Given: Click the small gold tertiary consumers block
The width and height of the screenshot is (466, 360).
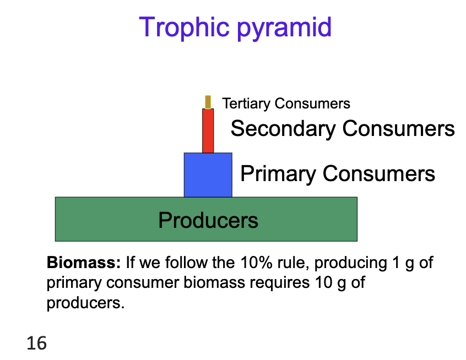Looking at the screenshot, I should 208,102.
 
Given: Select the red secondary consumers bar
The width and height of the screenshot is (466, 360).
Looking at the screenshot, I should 208,131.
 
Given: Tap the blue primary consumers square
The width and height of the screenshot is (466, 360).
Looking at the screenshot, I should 208,174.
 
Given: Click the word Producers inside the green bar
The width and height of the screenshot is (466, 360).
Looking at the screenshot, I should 208,220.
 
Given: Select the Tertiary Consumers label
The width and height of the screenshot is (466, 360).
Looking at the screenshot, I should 286,103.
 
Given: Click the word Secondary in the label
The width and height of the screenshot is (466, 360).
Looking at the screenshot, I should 283,129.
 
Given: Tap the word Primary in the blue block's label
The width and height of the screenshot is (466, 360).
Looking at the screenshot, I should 278,174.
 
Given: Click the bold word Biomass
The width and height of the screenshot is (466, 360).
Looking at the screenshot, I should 83,263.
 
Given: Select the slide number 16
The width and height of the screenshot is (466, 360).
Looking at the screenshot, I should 36,344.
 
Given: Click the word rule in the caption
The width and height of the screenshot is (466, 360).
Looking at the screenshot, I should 285,263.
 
